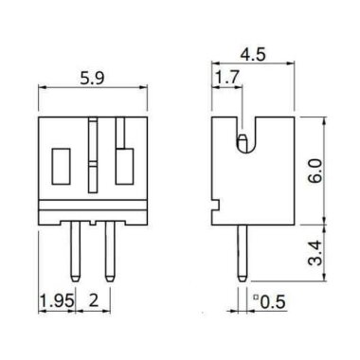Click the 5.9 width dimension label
(x=94, y=81)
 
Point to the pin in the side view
(x=243, y=251)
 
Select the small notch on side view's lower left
(x=215, y=202)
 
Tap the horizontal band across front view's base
(x=94, y=206)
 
